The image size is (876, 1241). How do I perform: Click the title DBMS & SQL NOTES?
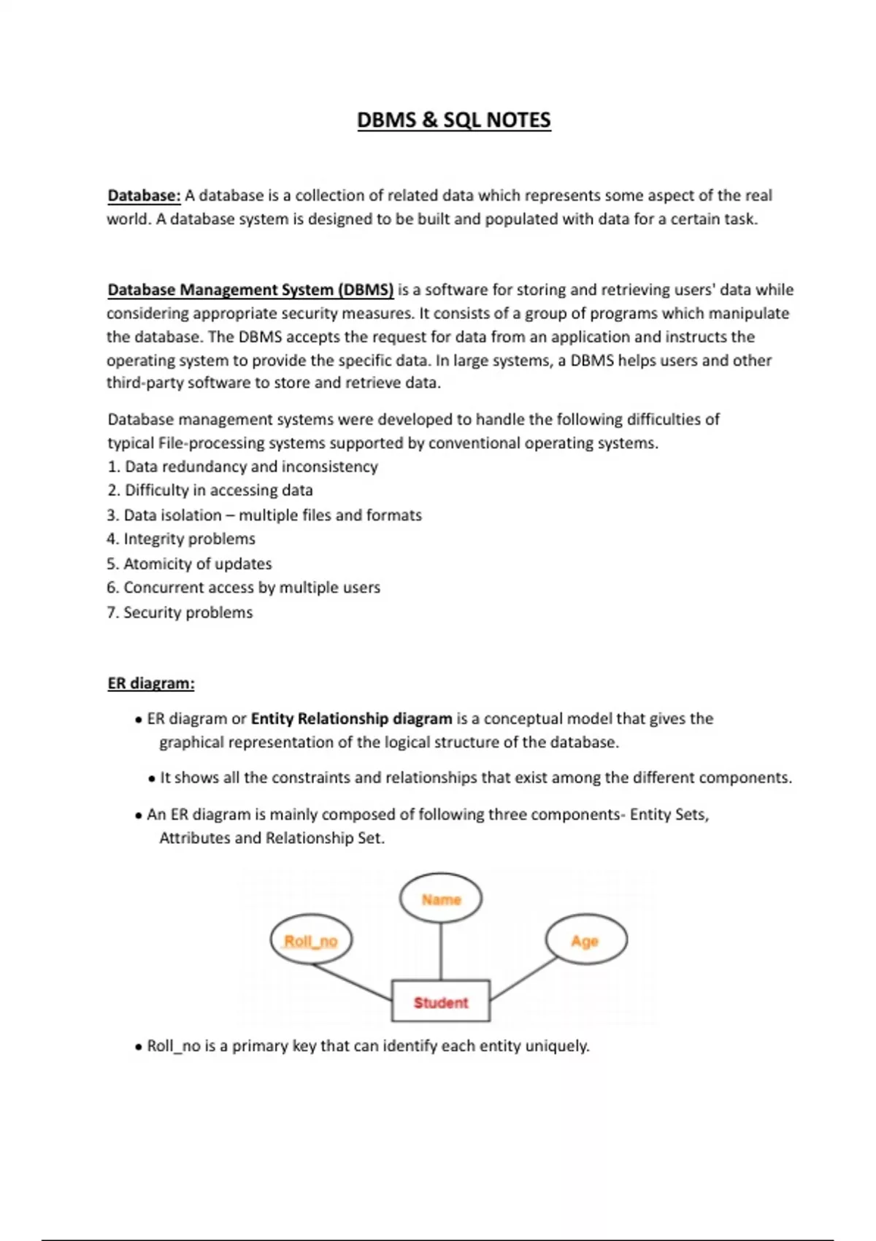click(x=453, y=120)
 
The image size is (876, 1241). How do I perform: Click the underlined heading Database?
click(x=144, y=196)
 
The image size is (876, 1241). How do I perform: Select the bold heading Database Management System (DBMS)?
click(x=250, y=290)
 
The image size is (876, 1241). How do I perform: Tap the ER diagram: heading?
click(x=150, y=683)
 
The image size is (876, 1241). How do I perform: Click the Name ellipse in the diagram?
click(x=441, y=899)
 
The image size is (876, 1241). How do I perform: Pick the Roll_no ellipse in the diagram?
click(x=311, y=941)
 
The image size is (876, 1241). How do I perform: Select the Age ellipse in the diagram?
click(x=585, y=941)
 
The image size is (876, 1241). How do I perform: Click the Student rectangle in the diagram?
click(x=441, y=1002)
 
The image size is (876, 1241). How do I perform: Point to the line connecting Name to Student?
click(x=441, y=951)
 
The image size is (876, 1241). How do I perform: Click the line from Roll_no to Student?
click(x=352, y=981)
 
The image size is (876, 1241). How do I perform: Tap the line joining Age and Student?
click(x=524, y=979)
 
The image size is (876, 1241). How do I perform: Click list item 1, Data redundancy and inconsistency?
click(x=242, y=466)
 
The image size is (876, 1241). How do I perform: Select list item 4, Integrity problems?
click(x=181, y=539)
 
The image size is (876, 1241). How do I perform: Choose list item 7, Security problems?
click(x=180, y=612)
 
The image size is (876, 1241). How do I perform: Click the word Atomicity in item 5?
click(x=158, y=564)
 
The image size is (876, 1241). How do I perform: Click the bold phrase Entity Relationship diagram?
click(x=351, y=718)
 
